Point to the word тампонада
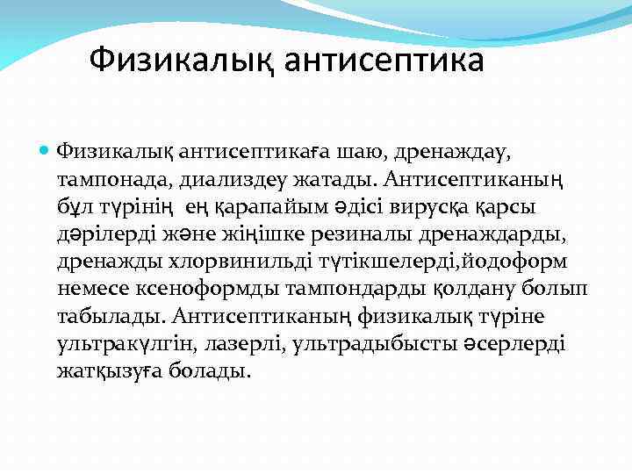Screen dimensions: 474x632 tap(113, 180)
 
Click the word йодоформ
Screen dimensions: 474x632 tap(519, 262)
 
